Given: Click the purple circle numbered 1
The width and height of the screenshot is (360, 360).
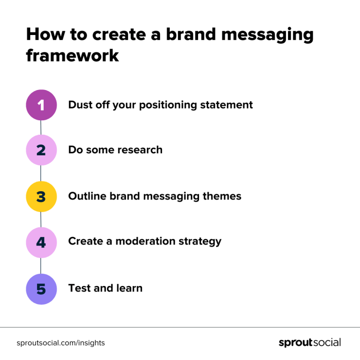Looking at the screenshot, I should (x=41, y=105).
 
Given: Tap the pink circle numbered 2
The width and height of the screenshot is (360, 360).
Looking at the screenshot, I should (x=41, y=150).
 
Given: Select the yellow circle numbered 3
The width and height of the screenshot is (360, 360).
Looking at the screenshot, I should (x=41, y=196).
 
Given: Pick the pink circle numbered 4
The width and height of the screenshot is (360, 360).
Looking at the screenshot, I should (x=41, y=242).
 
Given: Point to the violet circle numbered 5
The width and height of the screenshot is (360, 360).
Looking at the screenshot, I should (x=41, y=289).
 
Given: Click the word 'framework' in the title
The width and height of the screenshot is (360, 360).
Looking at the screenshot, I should (x=73, y=55).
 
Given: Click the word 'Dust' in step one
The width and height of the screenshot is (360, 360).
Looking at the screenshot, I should (x=81, y=105).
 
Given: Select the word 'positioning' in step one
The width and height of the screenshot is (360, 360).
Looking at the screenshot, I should (x=171, y=105).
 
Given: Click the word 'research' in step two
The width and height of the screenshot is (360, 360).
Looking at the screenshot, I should (x=140, y=150).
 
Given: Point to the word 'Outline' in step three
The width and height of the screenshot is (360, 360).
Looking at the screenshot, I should (x=87, y=196).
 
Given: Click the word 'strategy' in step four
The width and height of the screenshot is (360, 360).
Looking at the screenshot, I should (x=201, y=242).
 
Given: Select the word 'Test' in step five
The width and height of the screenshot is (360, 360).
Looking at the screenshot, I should (x=79, y=288).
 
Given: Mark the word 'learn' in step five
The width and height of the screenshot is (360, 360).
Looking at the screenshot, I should (x=129, y=288).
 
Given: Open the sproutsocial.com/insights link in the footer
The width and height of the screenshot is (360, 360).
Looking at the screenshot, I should (x=61, y=343).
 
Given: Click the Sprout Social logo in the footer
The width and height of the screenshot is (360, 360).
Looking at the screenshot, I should (x=310, y=343).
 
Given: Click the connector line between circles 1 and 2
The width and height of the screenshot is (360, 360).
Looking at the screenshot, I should (x=41, y=128).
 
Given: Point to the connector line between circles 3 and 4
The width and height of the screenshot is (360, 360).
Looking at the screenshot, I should (x=41, y=219).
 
